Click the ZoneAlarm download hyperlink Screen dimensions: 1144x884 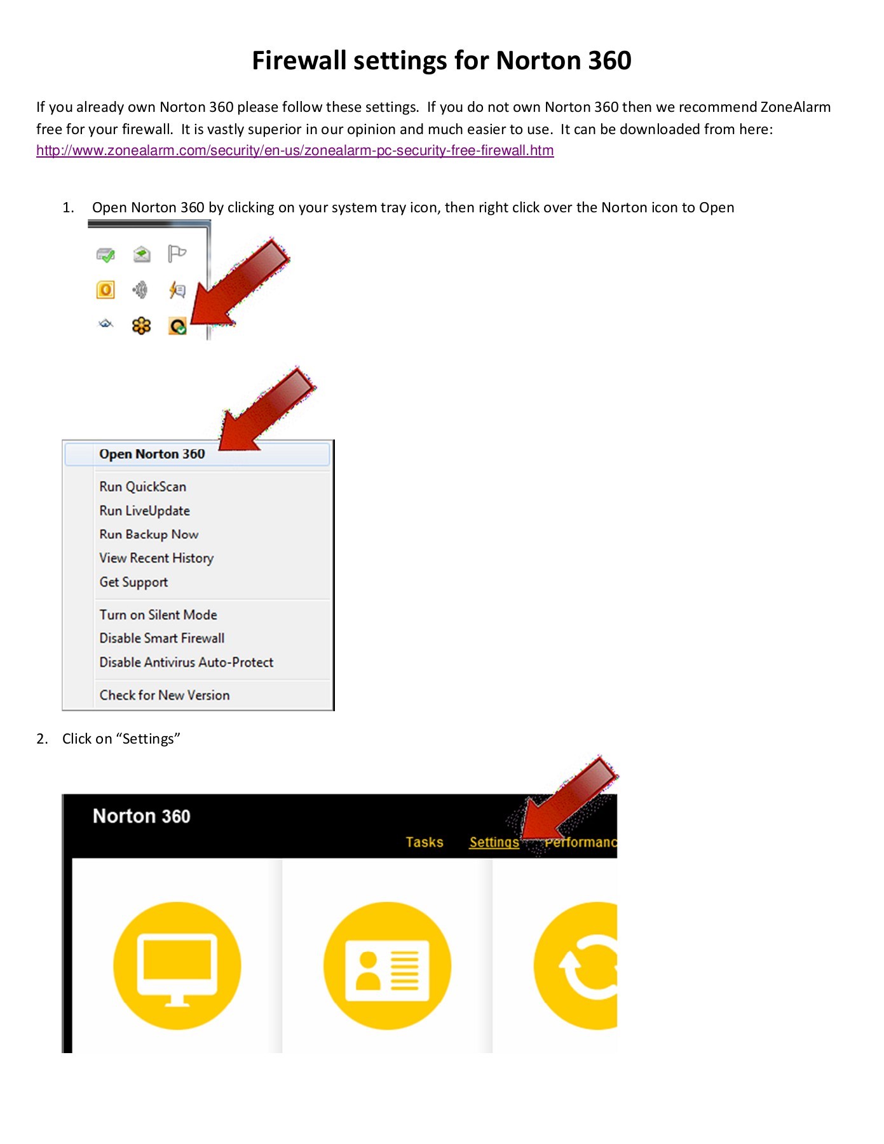295,151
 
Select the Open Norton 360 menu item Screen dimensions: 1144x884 152,454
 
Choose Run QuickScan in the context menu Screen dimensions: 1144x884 142,487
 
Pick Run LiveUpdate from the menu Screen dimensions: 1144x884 144,511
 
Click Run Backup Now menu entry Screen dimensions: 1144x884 149,535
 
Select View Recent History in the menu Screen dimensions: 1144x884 156,558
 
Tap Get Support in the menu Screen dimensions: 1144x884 133,582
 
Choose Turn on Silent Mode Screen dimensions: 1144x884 158,615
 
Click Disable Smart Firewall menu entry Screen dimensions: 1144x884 162,638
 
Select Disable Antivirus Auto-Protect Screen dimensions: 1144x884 186,662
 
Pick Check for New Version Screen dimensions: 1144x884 165,695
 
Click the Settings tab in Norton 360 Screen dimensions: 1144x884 494,842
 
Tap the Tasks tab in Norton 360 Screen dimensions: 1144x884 424,842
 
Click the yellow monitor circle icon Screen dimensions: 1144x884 177,965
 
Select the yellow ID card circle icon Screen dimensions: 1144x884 387,965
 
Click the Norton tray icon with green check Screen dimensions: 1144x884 177,327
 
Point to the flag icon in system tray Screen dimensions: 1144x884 177,254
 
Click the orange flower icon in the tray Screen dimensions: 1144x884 141,326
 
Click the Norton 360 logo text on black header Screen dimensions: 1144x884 141,816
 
